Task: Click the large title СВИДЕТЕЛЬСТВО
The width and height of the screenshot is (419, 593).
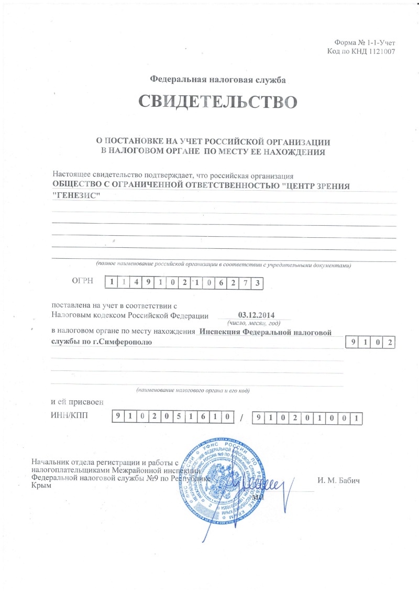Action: pyautogui.click(x=214, y=102)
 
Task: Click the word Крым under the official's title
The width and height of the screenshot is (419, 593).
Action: pyautogui.click(x=41, y=487)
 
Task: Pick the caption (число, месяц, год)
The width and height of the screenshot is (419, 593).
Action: pyautogui.click(x=256, y=323)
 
